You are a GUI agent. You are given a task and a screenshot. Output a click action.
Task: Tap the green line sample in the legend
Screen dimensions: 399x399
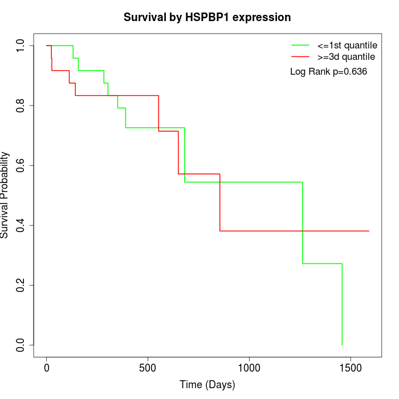pyautogui.click(x=300, y=45)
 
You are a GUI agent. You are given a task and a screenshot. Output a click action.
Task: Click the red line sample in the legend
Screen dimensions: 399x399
pyautogui.click(x=300, y=57)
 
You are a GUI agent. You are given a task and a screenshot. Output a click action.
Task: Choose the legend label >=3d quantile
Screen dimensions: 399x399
pyautogui.click(x=346, y=57)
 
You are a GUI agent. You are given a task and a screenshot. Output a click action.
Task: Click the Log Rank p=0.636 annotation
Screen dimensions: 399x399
pyautogui.click(x=328, y=72)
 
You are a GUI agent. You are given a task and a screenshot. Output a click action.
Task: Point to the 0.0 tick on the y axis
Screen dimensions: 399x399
pyautogui.click(x=21, y=345)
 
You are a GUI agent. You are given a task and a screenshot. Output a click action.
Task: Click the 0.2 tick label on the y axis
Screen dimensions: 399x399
pyautogui.click(x=21, y=285)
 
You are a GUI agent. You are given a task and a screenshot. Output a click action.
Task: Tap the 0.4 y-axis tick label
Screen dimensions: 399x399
pyautogui.click(x=21, y=225)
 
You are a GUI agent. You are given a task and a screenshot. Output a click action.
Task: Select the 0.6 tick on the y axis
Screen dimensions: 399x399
pyautogui.click(x=21, y=165)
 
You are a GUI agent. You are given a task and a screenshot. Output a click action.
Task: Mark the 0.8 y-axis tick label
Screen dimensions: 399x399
pyautogui.click(x=21, y=105)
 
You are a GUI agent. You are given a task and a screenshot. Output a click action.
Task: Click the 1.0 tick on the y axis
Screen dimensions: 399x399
pyautogui.click(x=21, y=46)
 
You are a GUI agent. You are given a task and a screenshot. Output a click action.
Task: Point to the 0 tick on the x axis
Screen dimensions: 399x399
pyautogui.click(x=47, y=368)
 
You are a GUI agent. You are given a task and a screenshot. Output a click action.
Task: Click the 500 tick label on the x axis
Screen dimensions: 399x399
pyautogui.click(x=148, y=368)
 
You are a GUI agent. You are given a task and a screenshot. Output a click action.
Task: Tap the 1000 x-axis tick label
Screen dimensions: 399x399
pyautogui.click(x=249, y=368)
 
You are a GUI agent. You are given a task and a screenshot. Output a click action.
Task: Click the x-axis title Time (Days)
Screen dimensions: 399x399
pyautogui.click(x=207, y=385)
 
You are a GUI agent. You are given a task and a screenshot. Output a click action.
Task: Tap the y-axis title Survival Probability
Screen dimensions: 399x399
pyautogui.click(x=6, y=195)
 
